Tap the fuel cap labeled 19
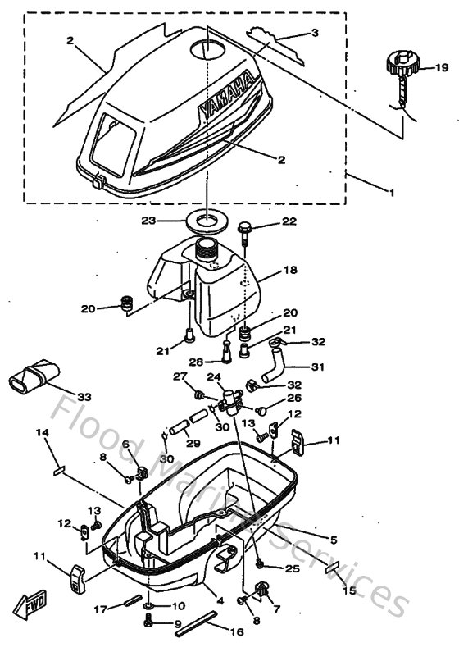coord(402,66)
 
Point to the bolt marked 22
coord(244,226)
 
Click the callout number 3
coord(314,34)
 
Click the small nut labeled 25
coord(260,564)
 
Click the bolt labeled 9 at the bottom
coord(148,623)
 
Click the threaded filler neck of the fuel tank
coord(211,248)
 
